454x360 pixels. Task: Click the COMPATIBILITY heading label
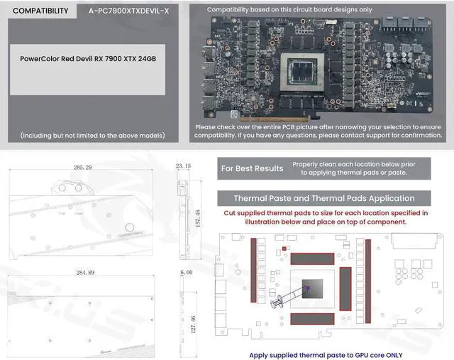(41, 11)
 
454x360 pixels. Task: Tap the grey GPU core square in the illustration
(311, 288)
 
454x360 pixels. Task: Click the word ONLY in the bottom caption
(387, 354)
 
